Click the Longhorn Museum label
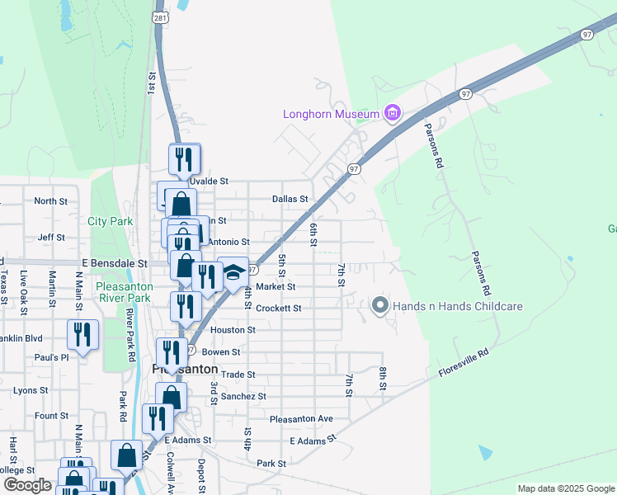(331, 114)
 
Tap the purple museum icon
(393, 113)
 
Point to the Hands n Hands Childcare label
(458, 306)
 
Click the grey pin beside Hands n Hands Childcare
(380, 305)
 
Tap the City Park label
(111, 221)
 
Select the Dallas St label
(290, 199)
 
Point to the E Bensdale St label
(114, 263)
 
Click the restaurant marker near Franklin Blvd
(82, 334)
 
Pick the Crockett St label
(278, 308)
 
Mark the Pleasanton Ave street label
(301, 418)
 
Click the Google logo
(27, 485)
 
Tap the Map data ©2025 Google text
(565, 488)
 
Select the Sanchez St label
(243, 396)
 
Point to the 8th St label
(383, 379)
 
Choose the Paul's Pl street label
(51, 357)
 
